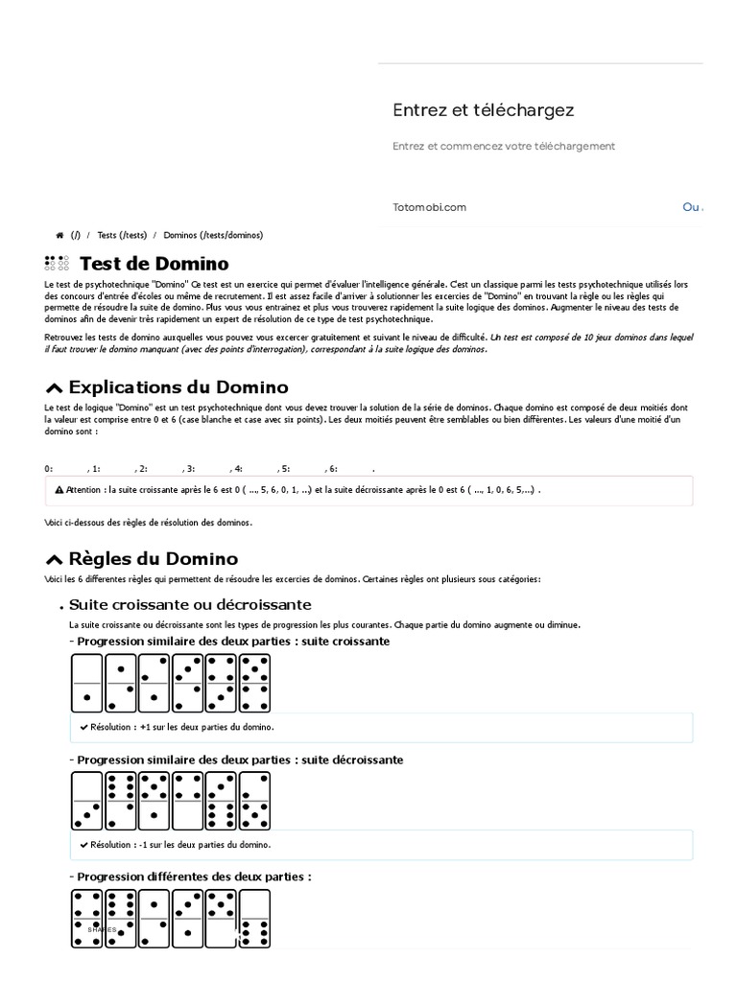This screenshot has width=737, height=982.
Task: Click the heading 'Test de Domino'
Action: point(154,264)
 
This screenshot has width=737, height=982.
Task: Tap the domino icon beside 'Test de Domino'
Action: point(57,264)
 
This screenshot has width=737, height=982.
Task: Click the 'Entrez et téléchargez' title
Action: point(483,110)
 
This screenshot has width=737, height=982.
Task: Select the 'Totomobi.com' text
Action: point(429,207)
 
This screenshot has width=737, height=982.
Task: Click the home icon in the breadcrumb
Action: point(59,235)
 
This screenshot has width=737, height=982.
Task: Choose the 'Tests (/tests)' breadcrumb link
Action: point(122,235)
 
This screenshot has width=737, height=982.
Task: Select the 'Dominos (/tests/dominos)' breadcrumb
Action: point(213,235)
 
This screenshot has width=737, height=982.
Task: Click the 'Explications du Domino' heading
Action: point(178,387)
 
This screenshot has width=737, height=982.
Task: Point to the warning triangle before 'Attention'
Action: point(59,489)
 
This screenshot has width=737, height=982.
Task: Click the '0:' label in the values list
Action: point(49,469)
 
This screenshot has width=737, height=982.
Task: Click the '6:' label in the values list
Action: point(332,469)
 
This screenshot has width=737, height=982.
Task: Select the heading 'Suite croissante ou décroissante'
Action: point(190,605)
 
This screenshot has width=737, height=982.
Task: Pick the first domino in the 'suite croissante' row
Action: point(86,684)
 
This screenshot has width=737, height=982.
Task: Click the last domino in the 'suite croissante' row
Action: point(254,684)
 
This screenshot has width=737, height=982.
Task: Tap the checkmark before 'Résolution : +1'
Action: point(83,728)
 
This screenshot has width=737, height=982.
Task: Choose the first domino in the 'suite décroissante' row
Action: point(86,801)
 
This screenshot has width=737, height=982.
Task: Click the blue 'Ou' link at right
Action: point(692,207)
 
